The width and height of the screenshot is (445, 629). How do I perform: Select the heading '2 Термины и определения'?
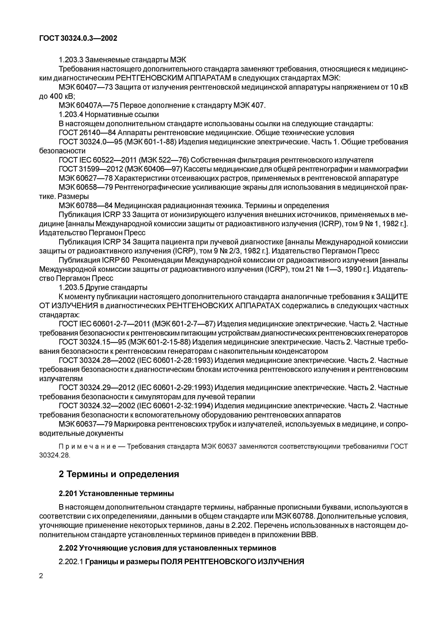(x=119, y=474)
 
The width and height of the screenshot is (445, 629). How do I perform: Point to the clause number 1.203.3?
(x=71, y=60)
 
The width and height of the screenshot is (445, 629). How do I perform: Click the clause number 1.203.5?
(x=71, y=288)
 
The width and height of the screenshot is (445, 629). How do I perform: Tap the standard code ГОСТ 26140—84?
(x=87, y=133)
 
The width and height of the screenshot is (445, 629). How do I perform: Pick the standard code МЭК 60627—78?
(x=85, y=178)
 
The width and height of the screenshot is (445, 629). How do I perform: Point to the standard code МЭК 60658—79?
(x=85, y=187)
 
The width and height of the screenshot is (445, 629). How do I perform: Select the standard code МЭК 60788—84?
(x=85, y=206)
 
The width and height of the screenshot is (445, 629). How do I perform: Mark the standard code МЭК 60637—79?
(x=85, y=424)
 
